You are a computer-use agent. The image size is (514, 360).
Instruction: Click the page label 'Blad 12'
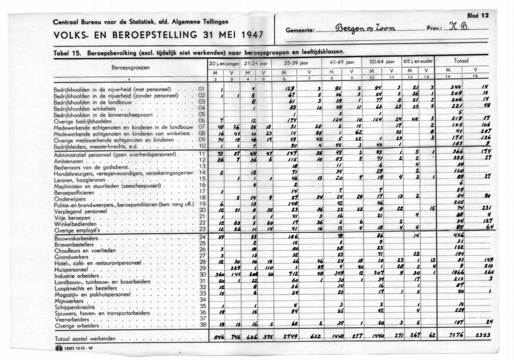pyautogui.click(x=478, y=16)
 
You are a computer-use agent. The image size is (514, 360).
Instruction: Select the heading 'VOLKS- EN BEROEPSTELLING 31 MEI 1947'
pyautogui.click(x=158, y=35)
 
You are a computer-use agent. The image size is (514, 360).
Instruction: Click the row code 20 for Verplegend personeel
pyautogui.click(x=202, y=211)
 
